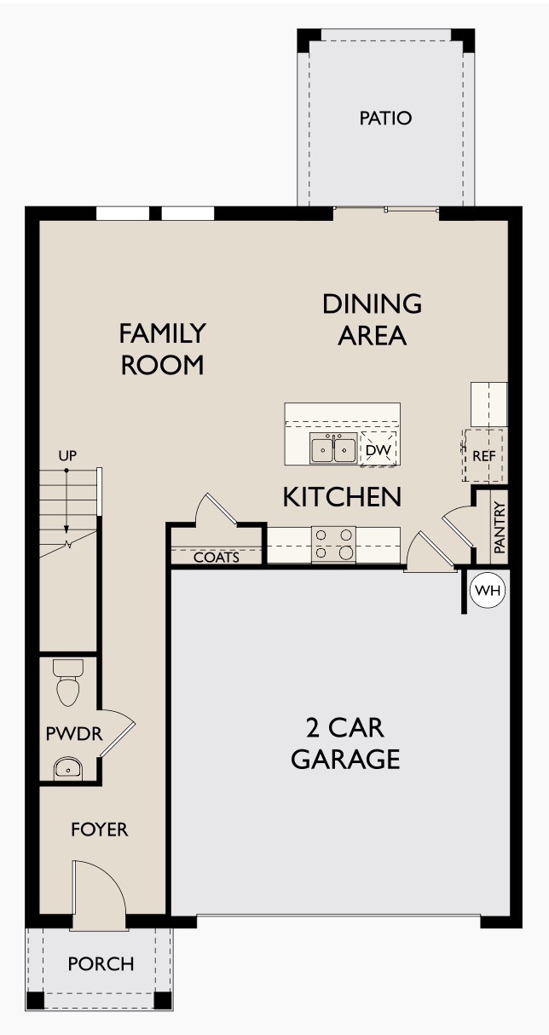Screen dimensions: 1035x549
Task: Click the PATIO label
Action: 385,119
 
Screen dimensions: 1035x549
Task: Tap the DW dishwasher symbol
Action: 379,448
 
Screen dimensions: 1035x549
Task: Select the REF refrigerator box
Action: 483,456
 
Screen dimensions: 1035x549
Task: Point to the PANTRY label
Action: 500,529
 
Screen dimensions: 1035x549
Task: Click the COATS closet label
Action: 216,558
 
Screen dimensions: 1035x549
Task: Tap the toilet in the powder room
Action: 66,684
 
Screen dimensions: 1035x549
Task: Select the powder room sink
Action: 66,768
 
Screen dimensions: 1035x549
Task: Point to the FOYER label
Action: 99,829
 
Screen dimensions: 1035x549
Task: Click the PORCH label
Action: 101,964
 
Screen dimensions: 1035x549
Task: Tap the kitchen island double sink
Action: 332,448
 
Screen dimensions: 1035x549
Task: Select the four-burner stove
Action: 333,544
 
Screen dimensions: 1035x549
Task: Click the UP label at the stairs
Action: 67,456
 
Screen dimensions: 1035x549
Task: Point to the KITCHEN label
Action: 342,497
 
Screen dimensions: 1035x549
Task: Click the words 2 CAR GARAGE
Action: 345,743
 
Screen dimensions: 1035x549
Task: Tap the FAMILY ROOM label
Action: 162,348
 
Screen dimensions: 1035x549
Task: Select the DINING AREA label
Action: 372,319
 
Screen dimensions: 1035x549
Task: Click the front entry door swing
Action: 99,891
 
